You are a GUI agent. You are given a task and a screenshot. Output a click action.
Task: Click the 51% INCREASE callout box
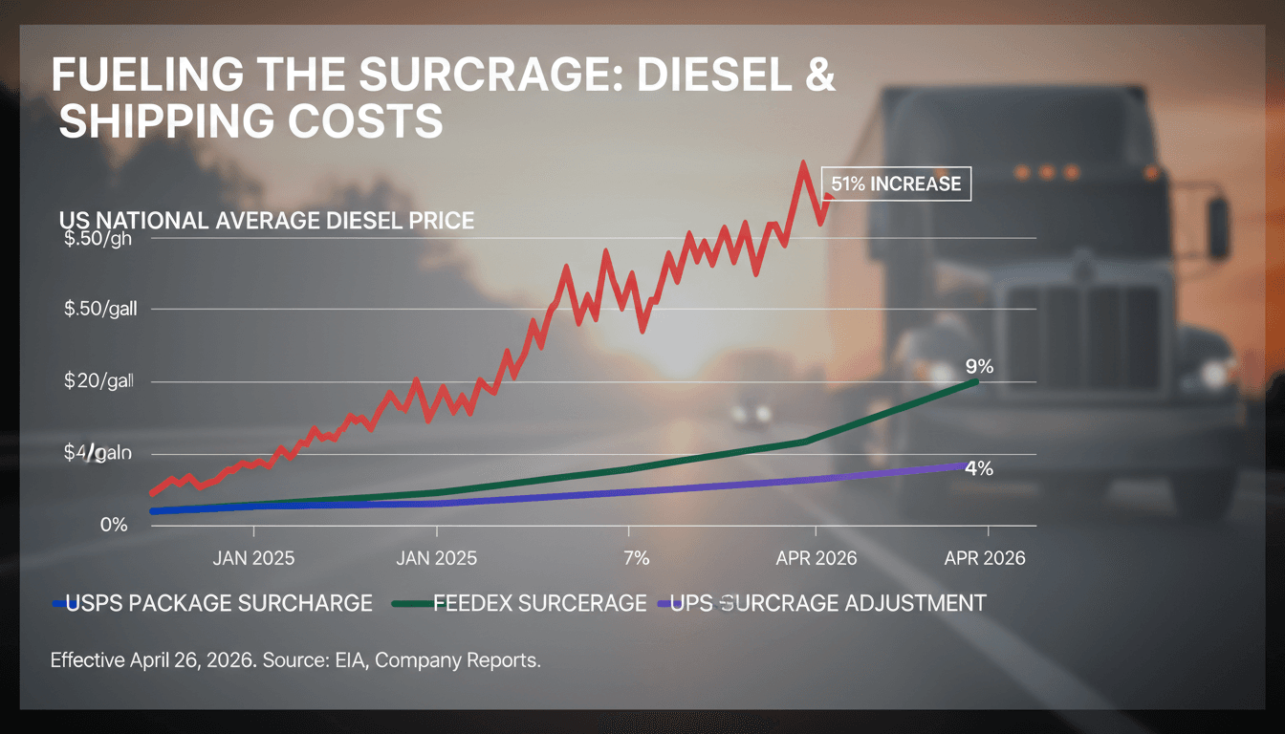896,183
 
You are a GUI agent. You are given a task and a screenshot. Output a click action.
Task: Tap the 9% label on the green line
979,367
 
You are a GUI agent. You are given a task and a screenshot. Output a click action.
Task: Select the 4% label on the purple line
979,468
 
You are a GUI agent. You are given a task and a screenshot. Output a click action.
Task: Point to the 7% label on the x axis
636,558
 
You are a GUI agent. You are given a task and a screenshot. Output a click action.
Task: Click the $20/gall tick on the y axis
98,380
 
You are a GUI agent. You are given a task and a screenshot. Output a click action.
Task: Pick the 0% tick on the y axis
113,525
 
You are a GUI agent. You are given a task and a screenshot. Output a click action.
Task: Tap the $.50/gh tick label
97,239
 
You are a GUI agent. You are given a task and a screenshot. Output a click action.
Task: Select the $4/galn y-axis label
97,453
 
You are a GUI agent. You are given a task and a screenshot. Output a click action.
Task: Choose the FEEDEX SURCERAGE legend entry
539,603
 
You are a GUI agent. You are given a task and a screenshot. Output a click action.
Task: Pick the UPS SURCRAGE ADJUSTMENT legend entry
828,603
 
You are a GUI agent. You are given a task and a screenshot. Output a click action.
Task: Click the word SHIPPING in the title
168,122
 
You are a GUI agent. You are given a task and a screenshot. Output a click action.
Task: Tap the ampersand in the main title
820,76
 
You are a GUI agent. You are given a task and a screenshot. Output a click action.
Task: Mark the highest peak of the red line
803,163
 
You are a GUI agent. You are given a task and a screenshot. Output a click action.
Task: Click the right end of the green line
975,381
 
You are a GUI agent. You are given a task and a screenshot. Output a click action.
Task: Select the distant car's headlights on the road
751,414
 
